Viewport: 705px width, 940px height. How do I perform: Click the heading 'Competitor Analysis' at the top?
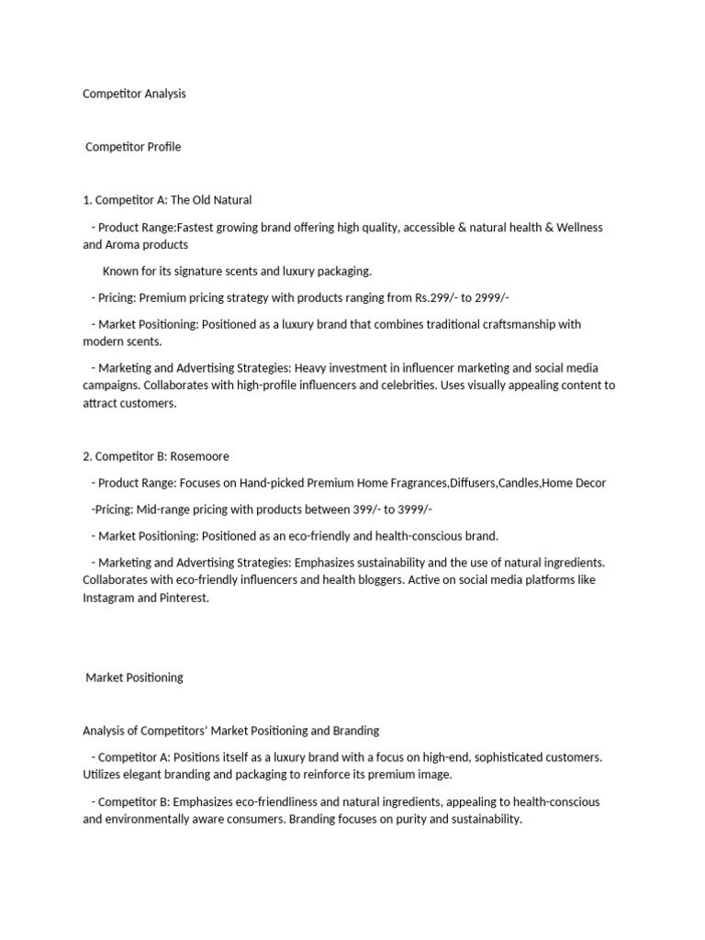tap(134, 94)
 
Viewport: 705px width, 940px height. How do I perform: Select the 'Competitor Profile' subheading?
tap(133, 147)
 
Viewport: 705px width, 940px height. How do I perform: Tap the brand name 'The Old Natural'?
tap(211, 199)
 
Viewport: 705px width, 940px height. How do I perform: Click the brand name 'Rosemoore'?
tap(200, 456)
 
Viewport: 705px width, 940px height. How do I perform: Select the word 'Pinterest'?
tap(184, 598)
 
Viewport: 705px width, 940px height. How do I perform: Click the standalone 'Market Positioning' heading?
tap(134, 677)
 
